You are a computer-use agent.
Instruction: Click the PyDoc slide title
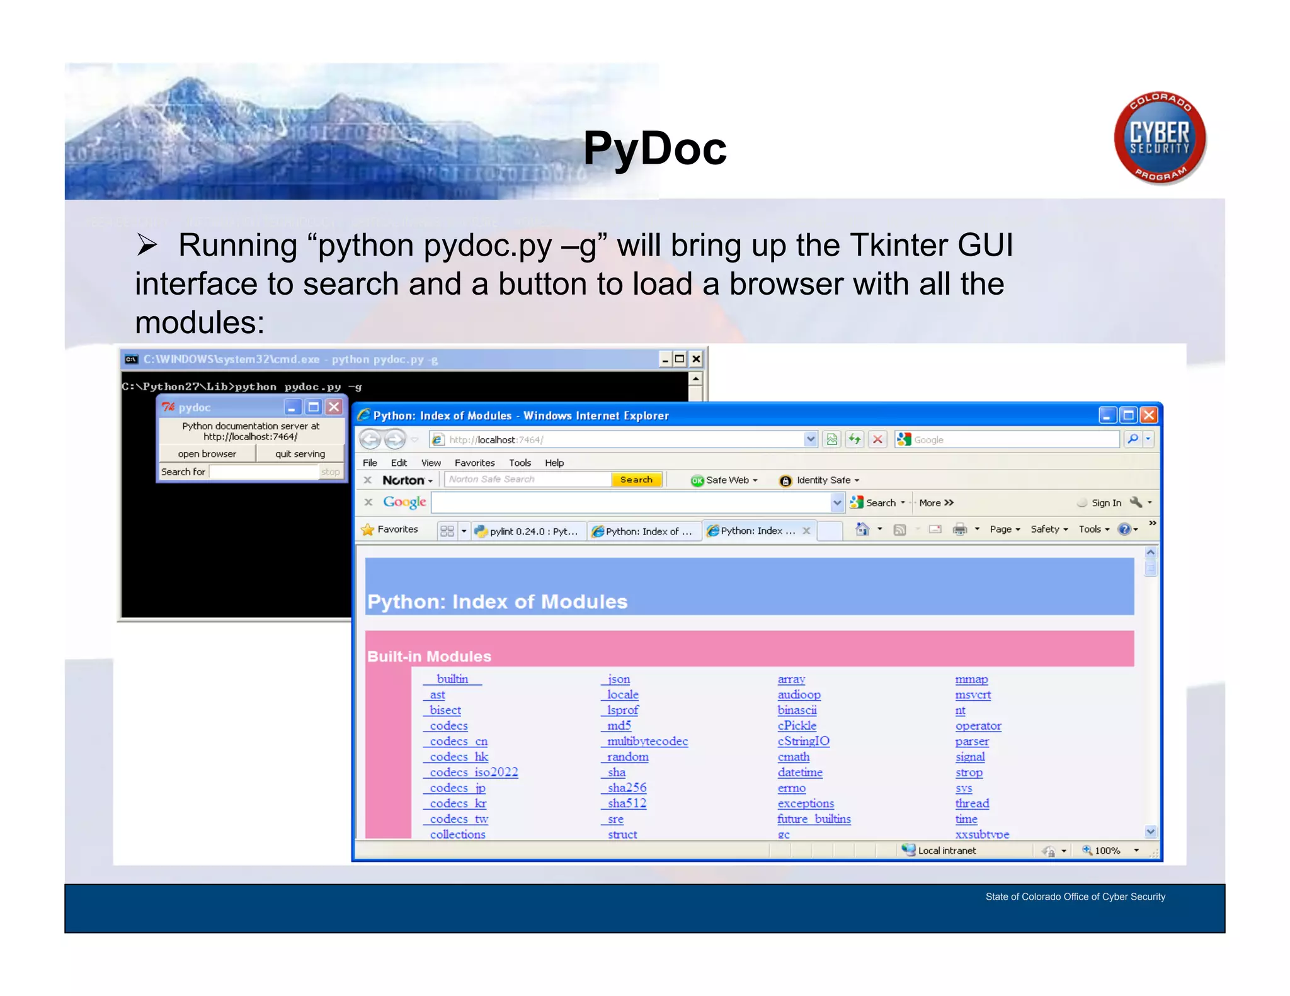tap(654, 149)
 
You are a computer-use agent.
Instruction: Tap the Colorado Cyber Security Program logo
tap(1160, 139)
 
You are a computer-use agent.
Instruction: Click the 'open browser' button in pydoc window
tap(207, 454)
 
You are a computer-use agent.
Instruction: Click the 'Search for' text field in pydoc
tap(263, 472)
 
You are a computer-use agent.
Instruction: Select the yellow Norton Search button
tap(636, 480)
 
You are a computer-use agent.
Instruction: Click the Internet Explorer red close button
tap(1149, 415)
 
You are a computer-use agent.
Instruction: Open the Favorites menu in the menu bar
tap(474, 463)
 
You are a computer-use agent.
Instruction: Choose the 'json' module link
tap(618, 679)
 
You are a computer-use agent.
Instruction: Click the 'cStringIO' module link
tap(803, 741)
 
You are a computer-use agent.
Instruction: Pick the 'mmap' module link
tap(971, 679)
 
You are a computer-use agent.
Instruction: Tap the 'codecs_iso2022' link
tap(473, 772)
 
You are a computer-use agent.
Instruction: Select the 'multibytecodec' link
tap(647, 741)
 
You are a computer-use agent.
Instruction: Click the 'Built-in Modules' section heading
tap(429, 656)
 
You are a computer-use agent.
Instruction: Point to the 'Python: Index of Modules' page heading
tap(497, 601)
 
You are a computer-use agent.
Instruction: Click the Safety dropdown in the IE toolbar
tap(1049, 529)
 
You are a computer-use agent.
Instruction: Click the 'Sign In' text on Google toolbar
tap(1106, 503)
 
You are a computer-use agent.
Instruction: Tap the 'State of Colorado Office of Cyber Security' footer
tap(1075, 897)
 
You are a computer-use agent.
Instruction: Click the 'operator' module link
tap(978, 726)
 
